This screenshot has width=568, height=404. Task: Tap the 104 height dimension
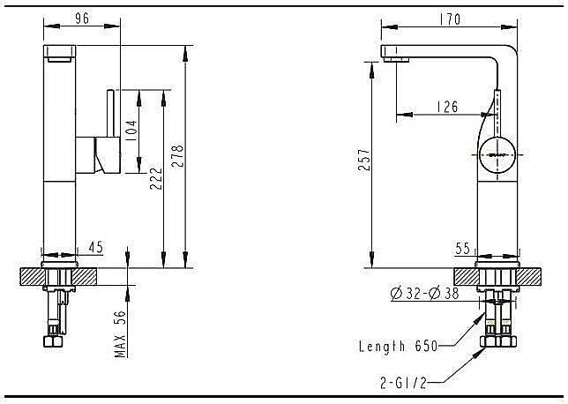pyautogui.click(x=131, y=132)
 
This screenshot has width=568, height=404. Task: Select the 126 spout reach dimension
pyautogui.click(x=448, y=108)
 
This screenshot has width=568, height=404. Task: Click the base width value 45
pyautogui.click(x=96, y=249)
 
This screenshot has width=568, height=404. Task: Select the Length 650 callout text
pyautogui.click(x=396, y=347)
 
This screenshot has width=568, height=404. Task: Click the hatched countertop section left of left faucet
pyautogui.click(x=29, y=276)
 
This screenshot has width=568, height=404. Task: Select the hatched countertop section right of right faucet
pyautogui.click(x=529, y=276)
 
